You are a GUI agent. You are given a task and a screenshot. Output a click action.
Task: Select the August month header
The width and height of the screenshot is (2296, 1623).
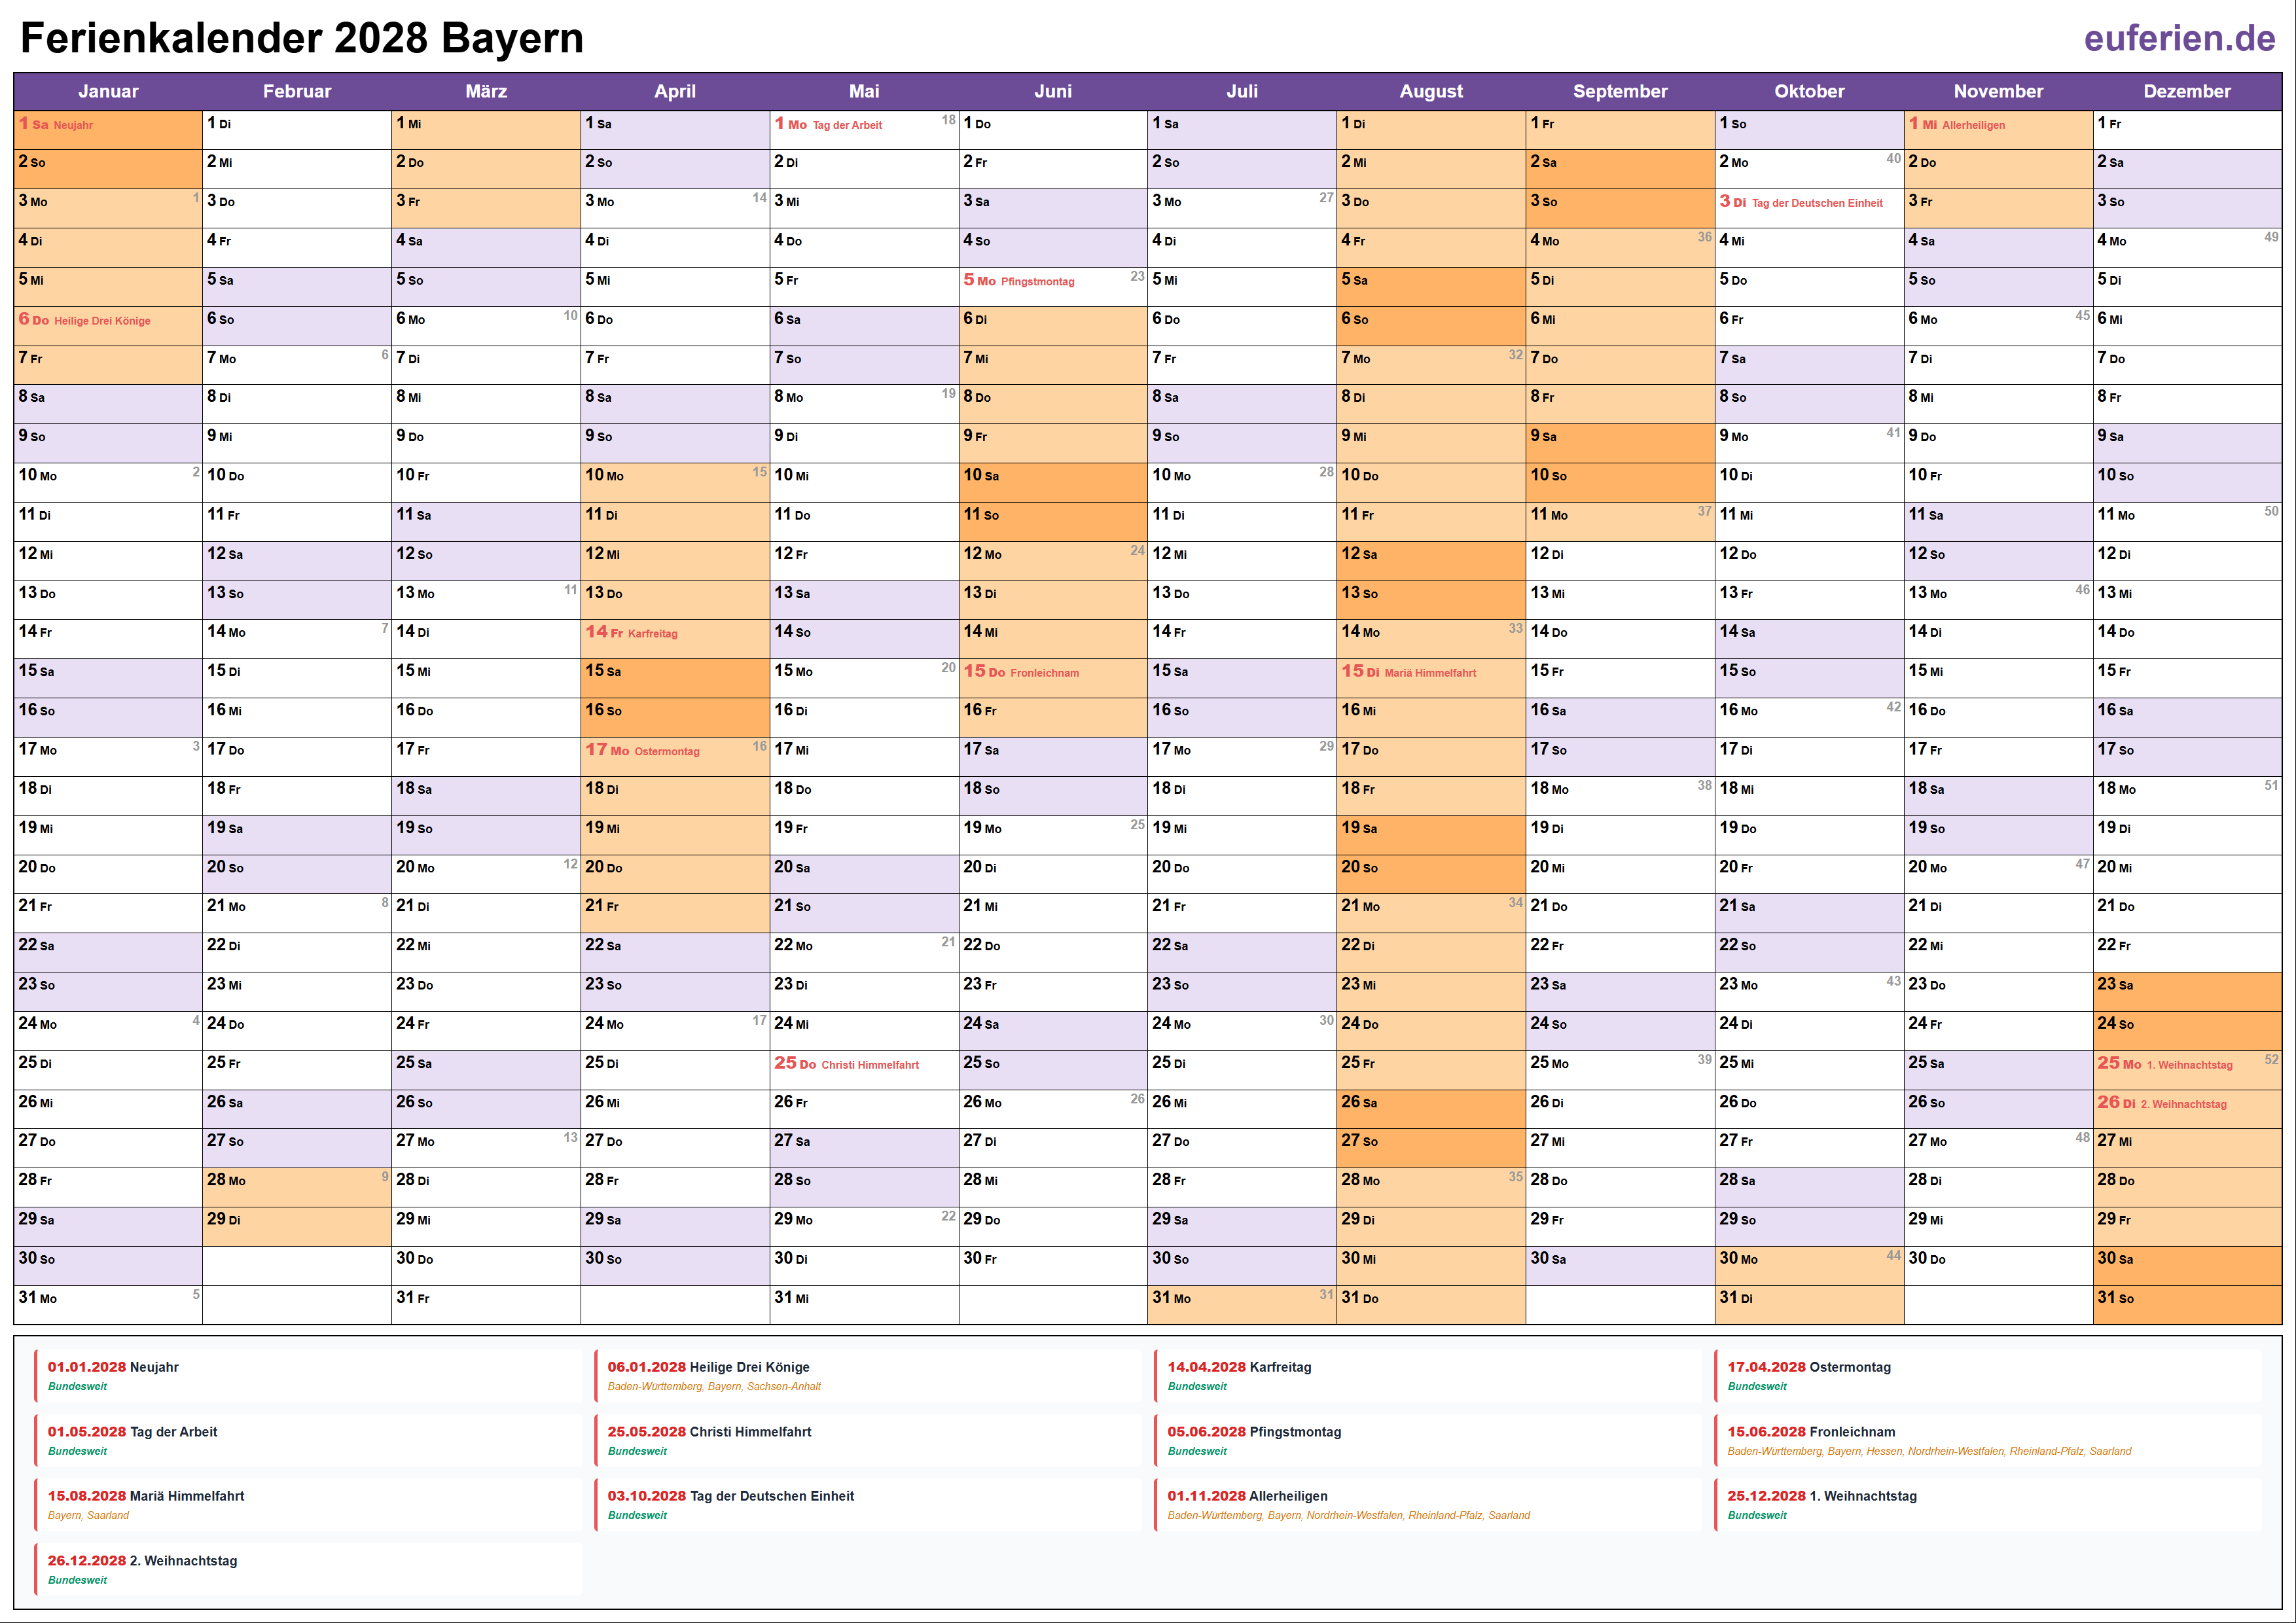1430,91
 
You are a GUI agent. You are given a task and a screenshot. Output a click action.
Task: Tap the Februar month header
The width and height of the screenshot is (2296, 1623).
297,91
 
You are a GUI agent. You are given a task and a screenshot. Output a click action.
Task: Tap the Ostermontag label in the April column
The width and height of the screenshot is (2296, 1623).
666,751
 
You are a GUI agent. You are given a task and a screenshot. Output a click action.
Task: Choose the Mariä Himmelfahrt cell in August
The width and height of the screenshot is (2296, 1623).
1430,673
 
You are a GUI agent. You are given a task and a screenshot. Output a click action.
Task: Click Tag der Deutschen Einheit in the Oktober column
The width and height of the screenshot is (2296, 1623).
1816,203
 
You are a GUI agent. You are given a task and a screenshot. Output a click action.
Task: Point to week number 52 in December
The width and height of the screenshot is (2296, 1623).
2271,1059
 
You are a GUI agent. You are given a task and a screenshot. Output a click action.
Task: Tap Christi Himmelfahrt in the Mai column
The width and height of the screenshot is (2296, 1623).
869,1065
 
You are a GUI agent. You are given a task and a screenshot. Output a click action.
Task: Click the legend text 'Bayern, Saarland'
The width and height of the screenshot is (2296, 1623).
88,1515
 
